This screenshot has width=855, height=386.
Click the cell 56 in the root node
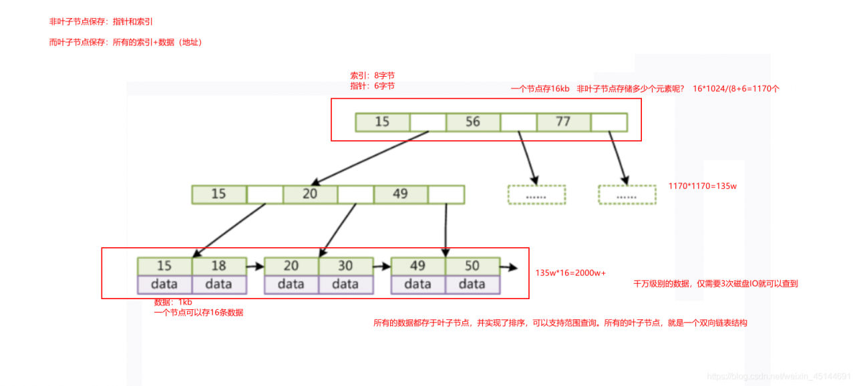473,122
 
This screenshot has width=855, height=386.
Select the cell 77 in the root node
563,122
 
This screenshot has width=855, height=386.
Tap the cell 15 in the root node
382,122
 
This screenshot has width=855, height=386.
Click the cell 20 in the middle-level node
310,194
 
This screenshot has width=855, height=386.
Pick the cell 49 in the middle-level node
400,194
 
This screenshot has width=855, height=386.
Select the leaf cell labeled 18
218,266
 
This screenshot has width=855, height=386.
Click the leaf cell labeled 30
345,266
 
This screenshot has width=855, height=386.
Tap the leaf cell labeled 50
472,266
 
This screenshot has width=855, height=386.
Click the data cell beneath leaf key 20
291,284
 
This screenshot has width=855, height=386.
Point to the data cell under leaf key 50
472,284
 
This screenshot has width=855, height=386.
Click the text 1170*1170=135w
702,186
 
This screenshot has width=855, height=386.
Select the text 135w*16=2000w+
570,273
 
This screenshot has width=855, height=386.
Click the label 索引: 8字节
372,75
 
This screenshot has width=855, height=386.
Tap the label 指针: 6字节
372,86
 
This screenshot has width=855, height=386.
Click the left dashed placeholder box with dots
536,194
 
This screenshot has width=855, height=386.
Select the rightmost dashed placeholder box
627,194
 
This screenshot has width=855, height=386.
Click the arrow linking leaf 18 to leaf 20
255,266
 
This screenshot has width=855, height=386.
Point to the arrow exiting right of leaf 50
508,267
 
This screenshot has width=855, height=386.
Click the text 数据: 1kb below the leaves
173,302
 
